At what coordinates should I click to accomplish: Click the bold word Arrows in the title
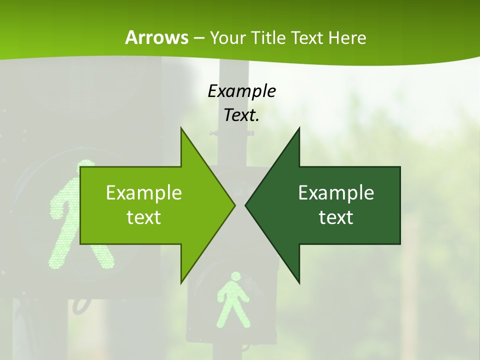(x=156, y=37)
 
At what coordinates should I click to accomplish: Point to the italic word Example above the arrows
(x=241, y=91)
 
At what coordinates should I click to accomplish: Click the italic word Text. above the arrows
(x=241, y=115)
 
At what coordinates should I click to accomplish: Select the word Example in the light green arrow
(x=144, y=192)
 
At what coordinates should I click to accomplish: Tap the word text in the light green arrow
(x=144, y=217)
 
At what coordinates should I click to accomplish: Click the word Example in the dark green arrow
(x=336, y=192)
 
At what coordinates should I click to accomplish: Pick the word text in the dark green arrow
(x=336, y=217)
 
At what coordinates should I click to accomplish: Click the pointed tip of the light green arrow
(x=235, y=205)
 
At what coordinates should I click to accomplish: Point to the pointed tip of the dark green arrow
(x=245, y=205)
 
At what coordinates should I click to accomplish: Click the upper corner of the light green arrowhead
(x=181, y=127)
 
